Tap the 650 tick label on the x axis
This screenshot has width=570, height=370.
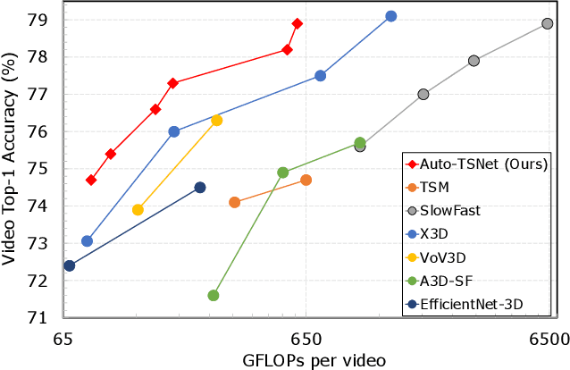(x=306, y=338)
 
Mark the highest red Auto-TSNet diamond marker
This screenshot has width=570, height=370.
(x=298, y=23)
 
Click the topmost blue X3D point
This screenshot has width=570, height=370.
(x=391, y=16)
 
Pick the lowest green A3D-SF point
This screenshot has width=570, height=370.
(x=214, y=296)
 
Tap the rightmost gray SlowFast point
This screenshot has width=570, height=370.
(x=547, y=24)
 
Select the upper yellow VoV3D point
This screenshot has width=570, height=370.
(x=216, y=121)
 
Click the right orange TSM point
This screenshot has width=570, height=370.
(x=306, y=180)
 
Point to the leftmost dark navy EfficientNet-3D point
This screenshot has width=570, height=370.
(x=70, y=265)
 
